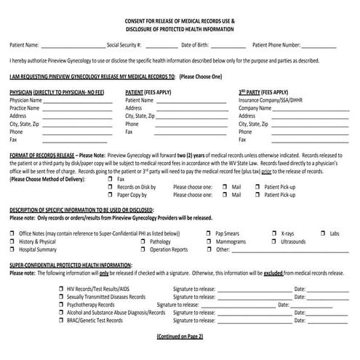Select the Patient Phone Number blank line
(x=319, y=45)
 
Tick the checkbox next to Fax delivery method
(x=110, y=178)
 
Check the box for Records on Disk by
(x=110, y=187)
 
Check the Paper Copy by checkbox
(x=110, y=195)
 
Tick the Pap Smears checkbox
(x=209, y=233)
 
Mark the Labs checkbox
(x=323, y=233)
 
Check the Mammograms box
(x=209, y=241)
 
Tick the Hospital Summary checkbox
(x=12, y=249)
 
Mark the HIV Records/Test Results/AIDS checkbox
(x=60, y=289)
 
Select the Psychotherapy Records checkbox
(x=60, y=305)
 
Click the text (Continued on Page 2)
(x=180, y=336)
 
